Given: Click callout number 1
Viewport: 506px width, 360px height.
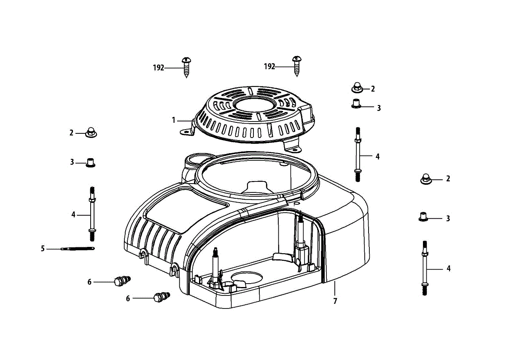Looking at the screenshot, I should pos(173,120).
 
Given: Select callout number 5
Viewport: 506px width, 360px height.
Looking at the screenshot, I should pos(43,249).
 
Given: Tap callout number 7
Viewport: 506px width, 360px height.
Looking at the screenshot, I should pos(335,301).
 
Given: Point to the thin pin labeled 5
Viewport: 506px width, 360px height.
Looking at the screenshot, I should pos(77,249).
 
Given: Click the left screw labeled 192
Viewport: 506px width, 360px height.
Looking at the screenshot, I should pos(186,66).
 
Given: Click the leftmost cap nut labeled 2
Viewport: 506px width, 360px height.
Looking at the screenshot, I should pos(90,133).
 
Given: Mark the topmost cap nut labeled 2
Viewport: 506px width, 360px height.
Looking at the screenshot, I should pos(357,89).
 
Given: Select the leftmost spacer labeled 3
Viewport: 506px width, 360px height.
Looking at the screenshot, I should pos(90,162).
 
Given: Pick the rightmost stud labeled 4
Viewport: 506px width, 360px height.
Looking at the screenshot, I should pos(425,268).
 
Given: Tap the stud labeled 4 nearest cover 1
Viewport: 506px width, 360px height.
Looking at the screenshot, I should pos(358,154).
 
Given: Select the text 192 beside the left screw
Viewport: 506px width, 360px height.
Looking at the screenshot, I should pos(158,68).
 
